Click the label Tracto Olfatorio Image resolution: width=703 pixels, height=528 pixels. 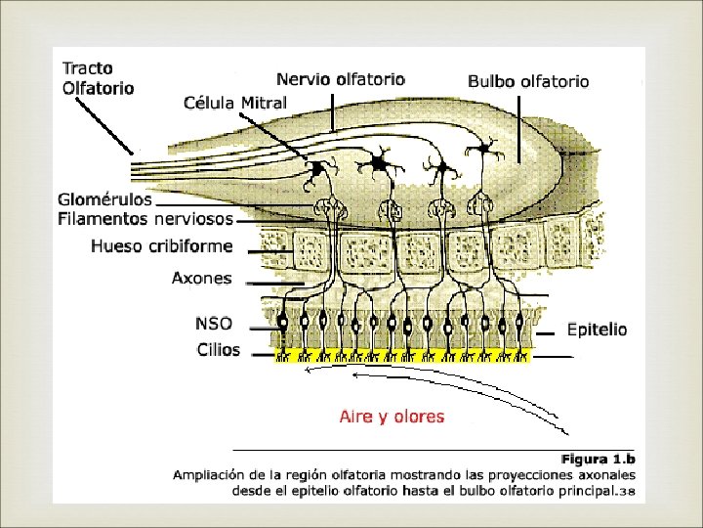[98, 77]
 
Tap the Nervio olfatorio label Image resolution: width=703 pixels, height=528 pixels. [340, 79]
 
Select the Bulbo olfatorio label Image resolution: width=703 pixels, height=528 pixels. [528, 82]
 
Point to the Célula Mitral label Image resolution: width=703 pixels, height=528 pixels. [235, 103]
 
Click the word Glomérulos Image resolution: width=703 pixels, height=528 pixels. [105, 199]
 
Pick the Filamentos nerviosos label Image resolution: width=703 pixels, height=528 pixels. [145, 219]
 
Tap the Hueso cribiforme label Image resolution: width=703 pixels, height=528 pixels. [161, 246]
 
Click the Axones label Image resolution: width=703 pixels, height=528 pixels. [202, 278]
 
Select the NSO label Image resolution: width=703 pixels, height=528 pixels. [214, 324]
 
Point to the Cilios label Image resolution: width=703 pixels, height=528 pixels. [218, 349]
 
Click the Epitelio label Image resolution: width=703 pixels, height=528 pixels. [597, 330]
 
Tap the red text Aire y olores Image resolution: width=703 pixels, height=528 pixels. [392, 417]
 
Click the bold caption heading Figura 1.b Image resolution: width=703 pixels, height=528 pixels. [598, 458]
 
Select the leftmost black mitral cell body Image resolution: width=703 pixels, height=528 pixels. [316, 169]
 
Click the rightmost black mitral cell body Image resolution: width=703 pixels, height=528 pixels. [480, 149]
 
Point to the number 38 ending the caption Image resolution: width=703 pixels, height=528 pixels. [628, 492]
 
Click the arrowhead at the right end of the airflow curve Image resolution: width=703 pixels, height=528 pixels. [567, 430]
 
